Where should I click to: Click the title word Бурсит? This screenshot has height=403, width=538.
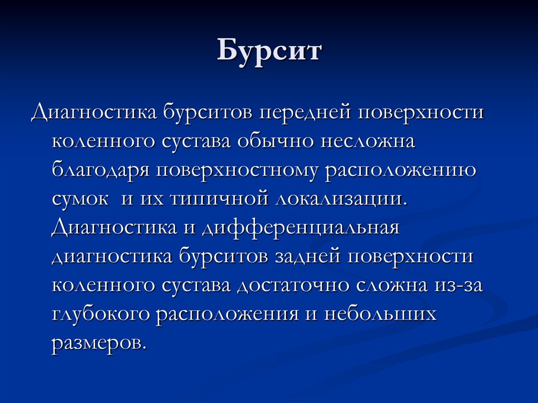coord(269,53)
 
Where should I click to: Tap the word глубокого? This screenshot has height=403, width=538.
coord(101,315)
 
